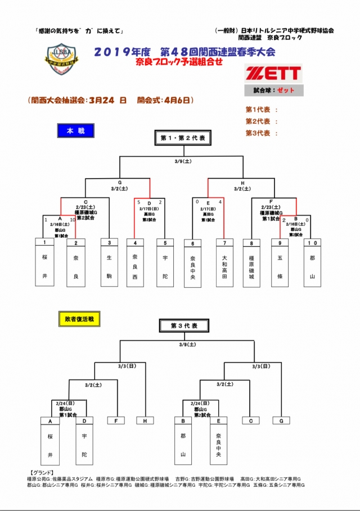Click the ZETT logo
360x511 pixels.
tap(274, 73)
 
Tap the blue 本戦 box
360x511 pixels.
tap(75, 131)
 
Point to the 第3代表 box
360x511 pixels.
tap(183, 325)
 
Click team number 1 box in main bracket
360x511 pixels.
tap(44, 243)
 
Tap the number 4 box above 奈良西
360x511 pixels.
tap(136, 243)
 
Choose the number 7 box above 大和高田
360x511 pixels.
tap(224, 243)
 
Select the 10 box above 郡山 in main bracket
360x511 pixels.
tap(312, 243)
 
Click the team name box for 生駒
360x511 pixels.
tap(109, 267)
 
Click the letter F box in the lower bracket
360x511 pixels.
tap(116, 420)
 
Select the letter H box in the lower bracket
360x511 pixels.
tap(145, 420)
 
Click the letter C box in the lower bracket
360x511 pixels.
tap(250, 420)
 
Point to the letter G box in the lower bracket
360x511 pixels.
tap(280, 420)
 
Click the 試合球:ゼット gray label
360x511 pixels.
tap(274, 91)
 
